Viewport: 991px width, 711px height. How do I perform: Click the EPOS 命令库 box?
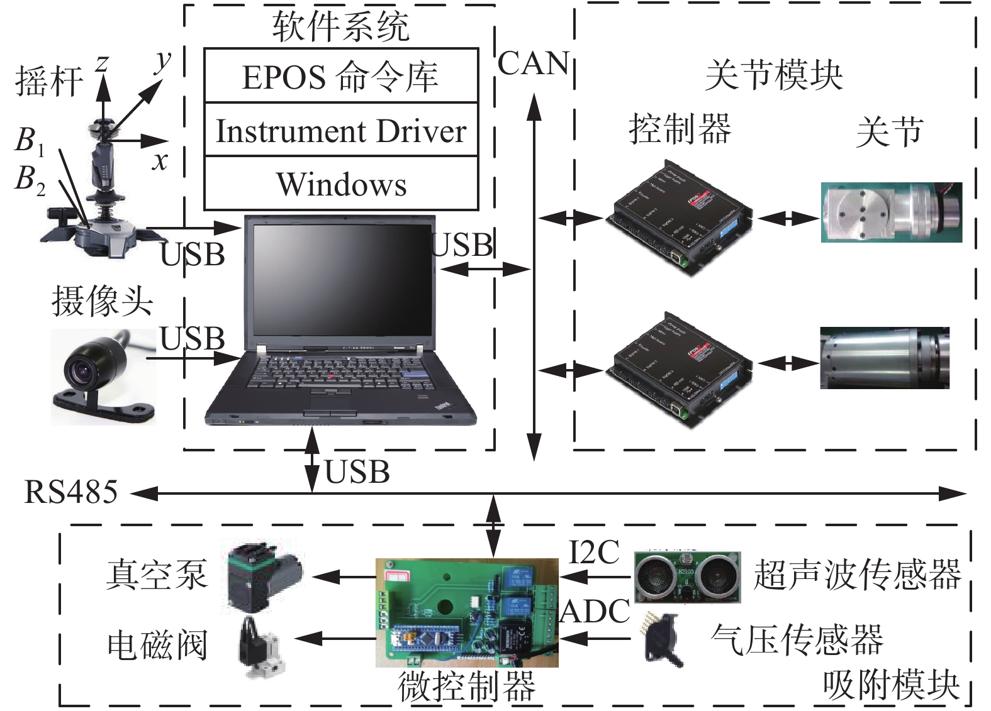coord(340,77)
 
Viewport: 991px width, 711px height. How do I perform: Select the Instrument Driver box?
coord(340,131)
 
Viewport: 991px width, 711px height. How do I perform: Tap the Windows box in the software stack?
coord(340,184)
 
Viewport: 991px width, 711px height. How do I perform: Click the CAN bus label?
coord(534,63)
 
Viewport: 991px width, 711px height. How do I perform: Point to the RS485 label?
coord(70,492)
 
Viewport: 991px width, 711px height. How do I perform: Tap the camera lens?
coord(82,371)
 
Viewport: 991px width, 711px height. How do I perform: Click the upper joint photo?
coord(890,212)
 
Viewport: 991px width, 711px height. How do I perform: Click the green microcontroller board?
coord(466,612)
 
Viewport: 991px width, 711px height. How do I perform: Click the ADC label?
coord(595,611)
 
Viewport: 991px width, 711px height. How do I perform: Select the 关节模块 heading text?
coord(773,75)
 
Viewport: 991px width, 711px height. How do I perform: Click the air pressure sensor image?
coord(661,641)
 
